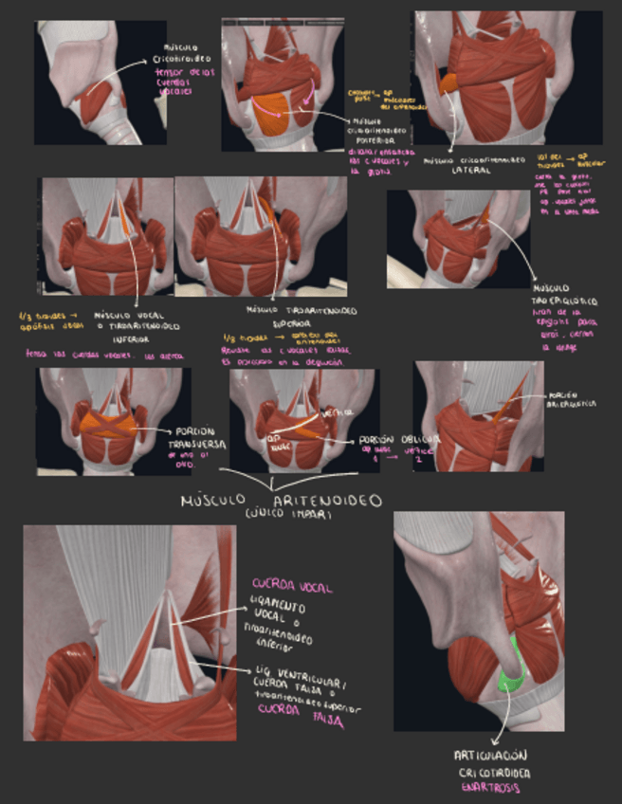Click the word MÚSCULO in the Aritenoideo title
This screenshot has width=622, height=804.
pos(211,499)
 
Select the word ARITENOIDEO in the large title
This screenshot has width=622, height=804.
pos(326,499)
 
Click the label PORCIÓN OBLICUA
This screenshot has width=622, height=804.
pos(399,440)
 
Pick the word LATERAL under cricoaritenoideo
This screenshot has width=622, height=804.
pos(471,172)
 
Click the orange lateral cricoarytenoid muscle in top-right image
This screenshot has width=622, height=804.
pos(448,83)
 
